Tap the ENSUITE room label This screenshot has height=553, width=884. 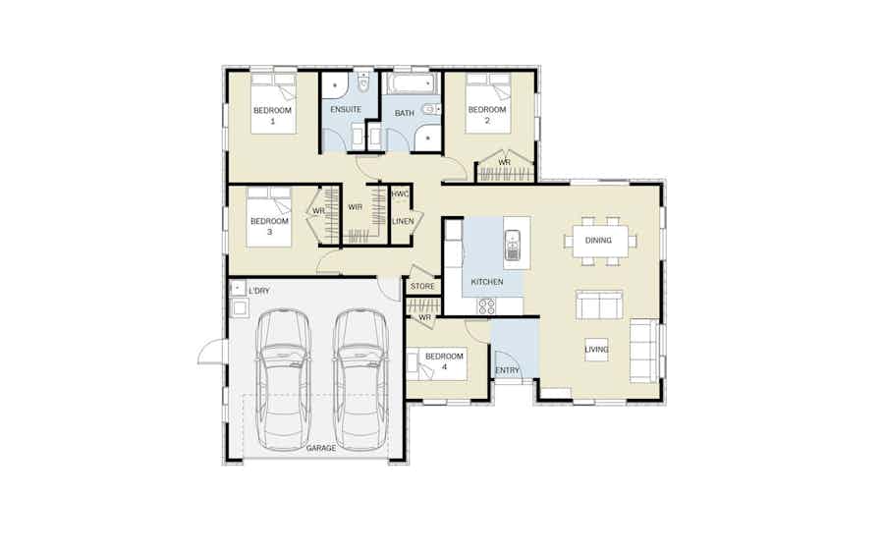[345, 109]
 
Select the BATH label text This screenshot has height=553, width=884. [405, 113]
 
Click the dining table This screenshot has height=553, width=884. [599, 241]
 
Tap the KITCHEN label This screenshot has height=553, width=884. [487, 282]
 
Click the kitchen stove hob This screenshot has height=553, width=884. [487, 305]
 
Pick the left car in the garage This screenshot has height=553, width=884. [283, 378]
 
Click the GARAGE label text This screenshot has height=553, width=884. [321, 448]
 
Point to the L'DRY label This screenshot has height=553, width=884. [258, 291]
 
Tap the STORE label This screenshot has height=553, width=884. [422, 287]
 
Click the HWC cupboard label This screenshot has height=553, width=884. [400, 194]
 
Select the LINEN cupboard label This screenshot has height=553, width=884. [403, 222]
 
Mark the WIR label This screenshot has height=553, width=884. [356, 207]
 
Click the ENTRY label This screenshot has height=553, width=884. [507, 370]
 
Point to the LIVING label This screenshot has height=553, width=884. [597, 349]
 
